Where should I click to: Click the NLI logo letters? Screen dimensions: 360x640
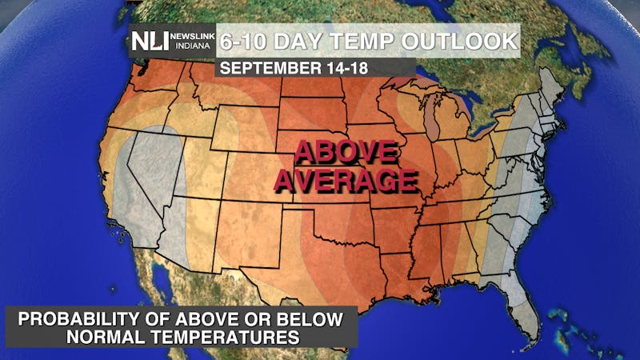(150, 42)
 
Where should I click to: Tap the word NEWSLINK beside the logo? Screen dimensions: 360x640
(192, 36)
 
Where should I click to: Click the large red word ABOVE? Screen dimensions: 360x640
(346, 152)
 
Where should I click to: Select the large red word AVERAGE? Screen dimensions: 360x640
(346, 180)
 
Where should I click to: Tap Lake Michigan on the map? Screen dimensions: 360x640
(433, 121)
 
